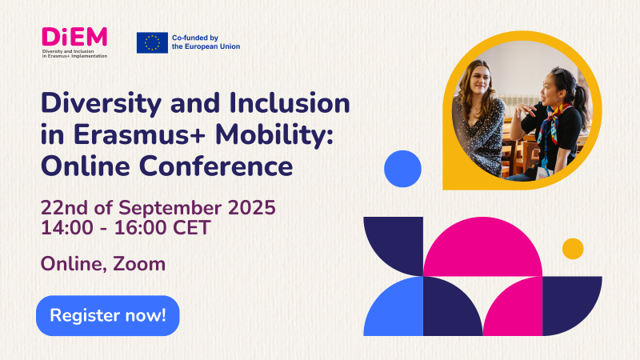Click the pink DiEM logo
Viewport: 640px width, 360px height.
point(74,37)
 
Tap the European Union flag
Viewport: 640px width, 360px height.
point(152,43)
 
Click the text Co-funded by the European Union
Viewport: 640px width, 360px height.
point(206,42)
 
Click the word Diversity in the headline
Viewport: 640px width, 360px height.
point(102,103)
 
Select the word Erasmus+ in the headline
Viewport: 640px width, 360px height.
point(139,134)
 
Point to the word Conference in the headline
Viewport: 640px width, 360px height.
point(216,166)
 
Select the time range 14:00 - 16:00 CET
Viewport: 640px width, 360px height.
point(126,227)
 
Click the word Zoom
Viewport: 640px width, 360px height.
point(139,264)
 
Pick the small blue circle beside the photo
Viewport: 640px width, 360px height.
point(402,169)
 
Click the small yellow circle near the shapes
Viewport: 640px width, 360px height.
point(573,249)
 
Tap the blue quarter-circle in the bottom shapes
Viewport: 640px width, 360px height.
point(394,306)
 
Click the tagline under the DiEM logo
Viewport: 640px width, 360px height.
point(74,54)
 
